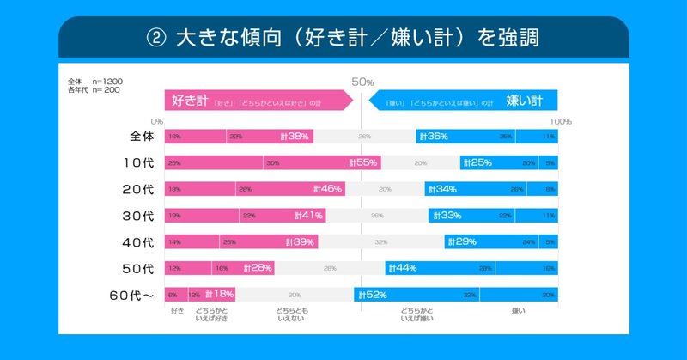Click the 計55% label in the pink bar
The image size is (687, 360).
[363, 163]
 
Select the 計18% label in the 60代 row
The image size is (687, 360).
[219, 296]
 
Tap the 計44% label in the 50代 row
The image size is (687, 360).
[402, 269]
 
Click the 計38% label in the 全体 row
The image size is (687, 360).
[296, 137]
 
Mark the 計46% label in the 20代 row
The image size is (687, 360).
[328, 189]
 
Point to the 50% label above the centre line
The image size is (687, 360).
[362, 82]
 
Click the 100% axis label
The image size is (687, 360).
[560, 121]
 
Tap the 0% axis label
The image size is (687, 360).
[156, 121]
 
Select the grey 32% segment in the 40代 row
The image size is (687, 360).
[380, 242]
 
